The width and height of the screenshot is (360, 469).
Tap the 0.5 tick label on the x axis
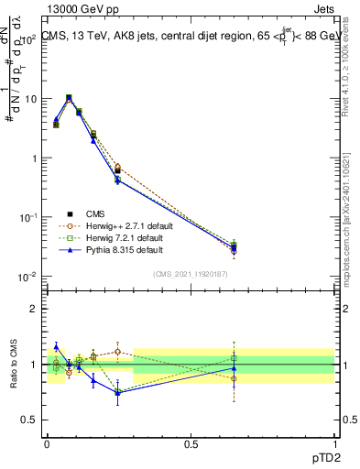click(191, 443)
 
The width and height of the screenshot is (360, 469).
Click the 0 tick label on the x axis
click(47, 443)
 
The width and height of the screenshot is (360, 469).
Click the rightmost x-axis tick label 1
click(335, 443)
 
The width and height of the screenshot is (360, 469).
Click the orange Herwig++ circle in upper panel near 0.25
click(117, 167)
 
